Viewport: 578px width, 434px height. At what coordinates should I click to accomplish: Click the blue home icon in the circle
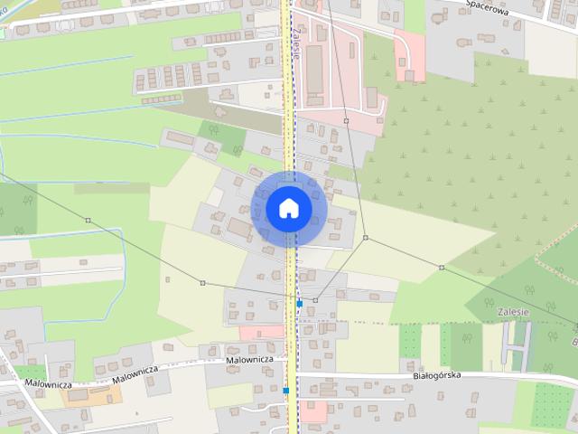pyautogui.click(x=288, y=209)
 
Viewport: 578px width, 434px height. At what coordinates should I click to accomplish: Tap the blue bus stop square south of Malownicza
pyautogui.click(x=285, y=391)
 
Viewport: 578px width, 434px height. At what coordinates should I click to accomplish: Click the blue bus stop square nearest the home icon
pyautogui.click(x=299, y=304)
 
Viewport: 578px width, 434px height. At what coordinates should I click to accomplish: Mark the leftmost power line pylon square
pyautogui.click(x=88, y=220)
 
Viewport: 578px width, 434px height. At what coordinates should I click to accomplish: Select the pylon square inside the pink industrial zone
pyautogui.click(x=346, y=119)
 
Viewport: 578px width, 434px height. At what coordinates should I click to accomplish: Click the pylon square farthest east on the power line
pyautogui.click(x=442, y=268)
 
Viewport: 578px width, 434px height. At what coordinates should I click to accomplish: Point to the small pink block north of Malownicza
pyautogui.click(x=261, y=333)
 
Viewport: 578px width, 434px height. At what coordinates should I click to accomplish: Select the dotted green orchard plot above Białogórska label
pyautogui.click(x=411, y=338)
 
